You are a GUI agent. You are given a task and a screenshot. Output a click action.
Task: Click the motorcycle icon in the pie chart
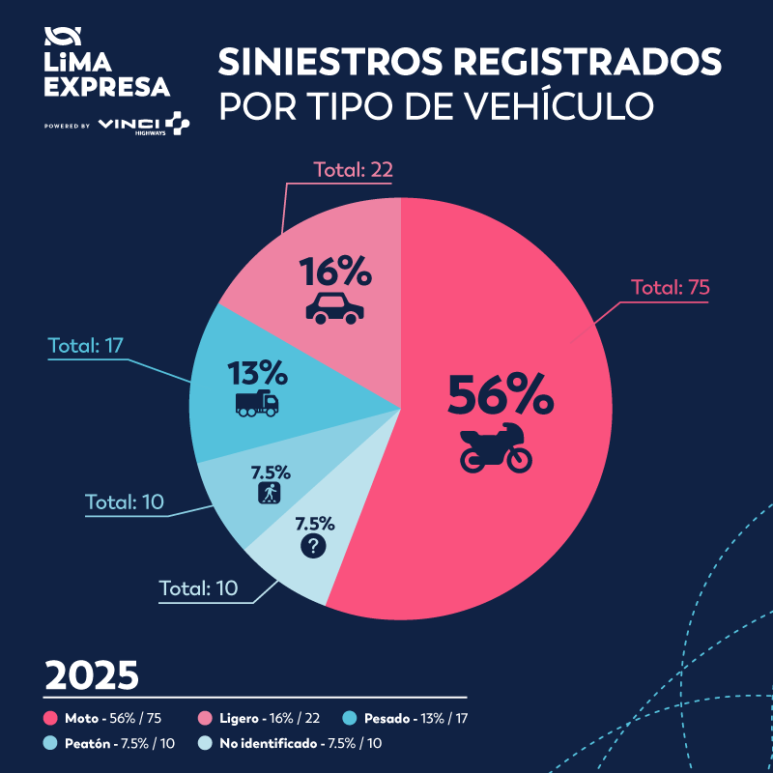(495, 446)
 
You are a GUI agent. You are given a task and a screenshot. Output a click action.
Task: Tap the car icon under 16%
(335, 306)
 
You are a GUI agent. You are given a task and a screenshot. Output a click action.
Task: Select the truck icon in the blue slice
(257, 403)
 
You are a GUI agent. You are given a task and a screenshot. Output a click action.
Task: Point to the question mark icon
(314, 546)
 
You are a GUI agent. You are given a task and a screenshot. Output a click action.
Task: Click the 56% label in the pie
(500, 394)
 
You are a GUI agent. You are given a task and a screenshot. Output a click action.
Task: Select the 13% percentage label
(257, 372)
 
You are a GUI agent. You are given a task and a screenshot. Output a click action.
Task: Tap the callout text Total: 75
(672, 287)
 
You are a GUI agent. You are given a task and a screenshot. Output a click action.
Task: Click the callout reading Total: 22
(353, 170)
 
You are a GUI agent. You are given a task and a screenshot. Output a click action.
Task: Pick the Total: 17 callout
(88, 345)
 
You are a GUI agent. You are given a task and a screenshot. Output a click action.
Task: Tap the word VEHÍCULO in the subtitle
(550, 104)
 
